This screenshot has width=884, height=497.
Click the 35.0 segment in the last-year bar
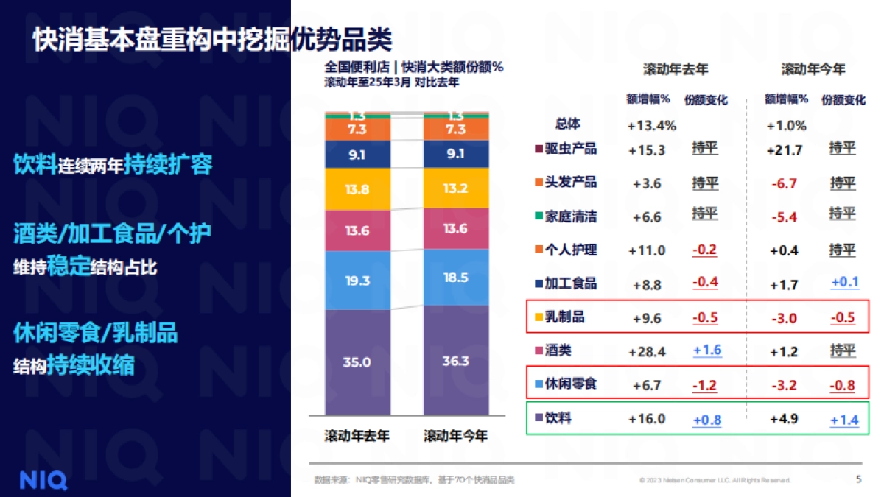pos(357,362)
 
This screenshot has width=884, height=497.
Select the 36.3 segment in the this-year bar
pos(456,361)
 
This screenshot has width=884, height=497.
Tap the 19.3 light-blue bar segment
pos(357,281)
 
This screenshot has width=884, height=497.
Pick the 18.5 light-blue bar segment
pos(456,278)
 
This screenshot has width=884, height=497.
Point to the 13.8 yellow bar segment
pos(357,189)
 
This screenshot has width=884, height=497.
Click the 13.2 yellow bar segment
pos(456,188)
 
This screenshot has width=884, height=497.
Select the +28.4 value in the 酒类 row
pos(646,352)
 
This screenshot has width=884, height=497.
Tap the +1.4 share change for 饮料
pos(844,420)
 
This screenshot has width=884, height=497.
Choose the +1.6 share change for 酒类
pos(706,350)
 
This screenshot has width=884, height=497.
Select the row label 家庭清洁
pos(570,216)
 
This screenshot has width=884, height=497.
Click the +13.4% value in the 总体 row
pos(651,126)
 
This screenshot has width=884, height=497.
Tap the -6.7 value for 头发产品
pos(783,183)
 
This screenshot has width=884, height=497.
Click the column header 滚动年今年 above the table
pos(813,69)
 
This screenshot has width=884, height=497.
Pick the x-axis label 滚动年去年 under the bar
pos(357,436)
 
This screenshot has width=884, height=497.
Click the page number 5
pos(858,479)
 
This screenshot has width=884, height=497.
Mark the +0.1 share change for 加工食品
pos(844,283)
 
